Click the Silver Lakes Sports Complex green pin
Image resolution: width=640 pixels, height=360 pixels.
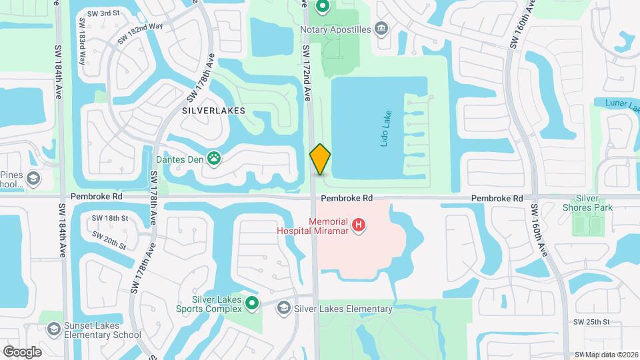252,304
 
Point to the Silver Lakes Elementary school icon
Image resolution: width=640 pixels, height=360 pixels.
283,309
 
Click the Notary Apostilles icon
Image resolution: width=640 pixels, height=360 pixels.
382,29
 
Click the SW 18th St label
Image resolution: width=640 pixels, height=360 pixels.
109,218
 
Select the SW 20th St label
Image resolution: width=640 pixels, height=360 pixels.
109,241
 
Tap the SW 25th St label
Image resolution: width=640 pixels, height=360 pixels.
591,322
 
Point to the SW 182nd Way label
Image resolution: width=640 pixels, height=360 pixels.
140,35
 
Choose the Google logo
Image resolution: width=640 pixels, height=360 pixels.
22,351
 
